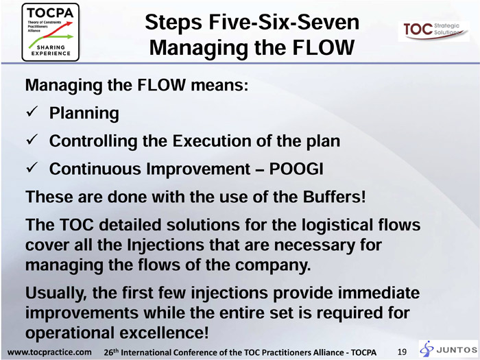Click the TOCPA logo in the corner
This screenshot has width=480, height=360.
(51, 32)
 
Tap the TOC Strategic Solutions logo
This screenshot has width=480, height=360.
(433, 31)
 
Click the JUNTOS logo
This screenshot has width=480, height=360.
(448, 349)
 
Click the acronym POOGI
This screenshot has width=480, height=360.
(296, 169)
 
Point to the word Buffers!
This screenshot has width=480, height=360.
(335, 197)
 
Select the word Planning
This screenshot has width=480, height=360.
(84, 113)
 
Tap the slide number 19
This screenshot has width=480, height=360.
(402, 352)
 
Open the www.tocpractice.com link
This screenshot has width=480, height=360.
(49, 352)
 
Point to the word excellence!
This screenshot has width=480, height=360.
(164, 333)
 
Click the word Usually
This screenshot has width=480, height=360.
(56, 293)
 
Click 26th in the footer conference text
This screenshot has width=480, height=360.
(111, 352)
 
